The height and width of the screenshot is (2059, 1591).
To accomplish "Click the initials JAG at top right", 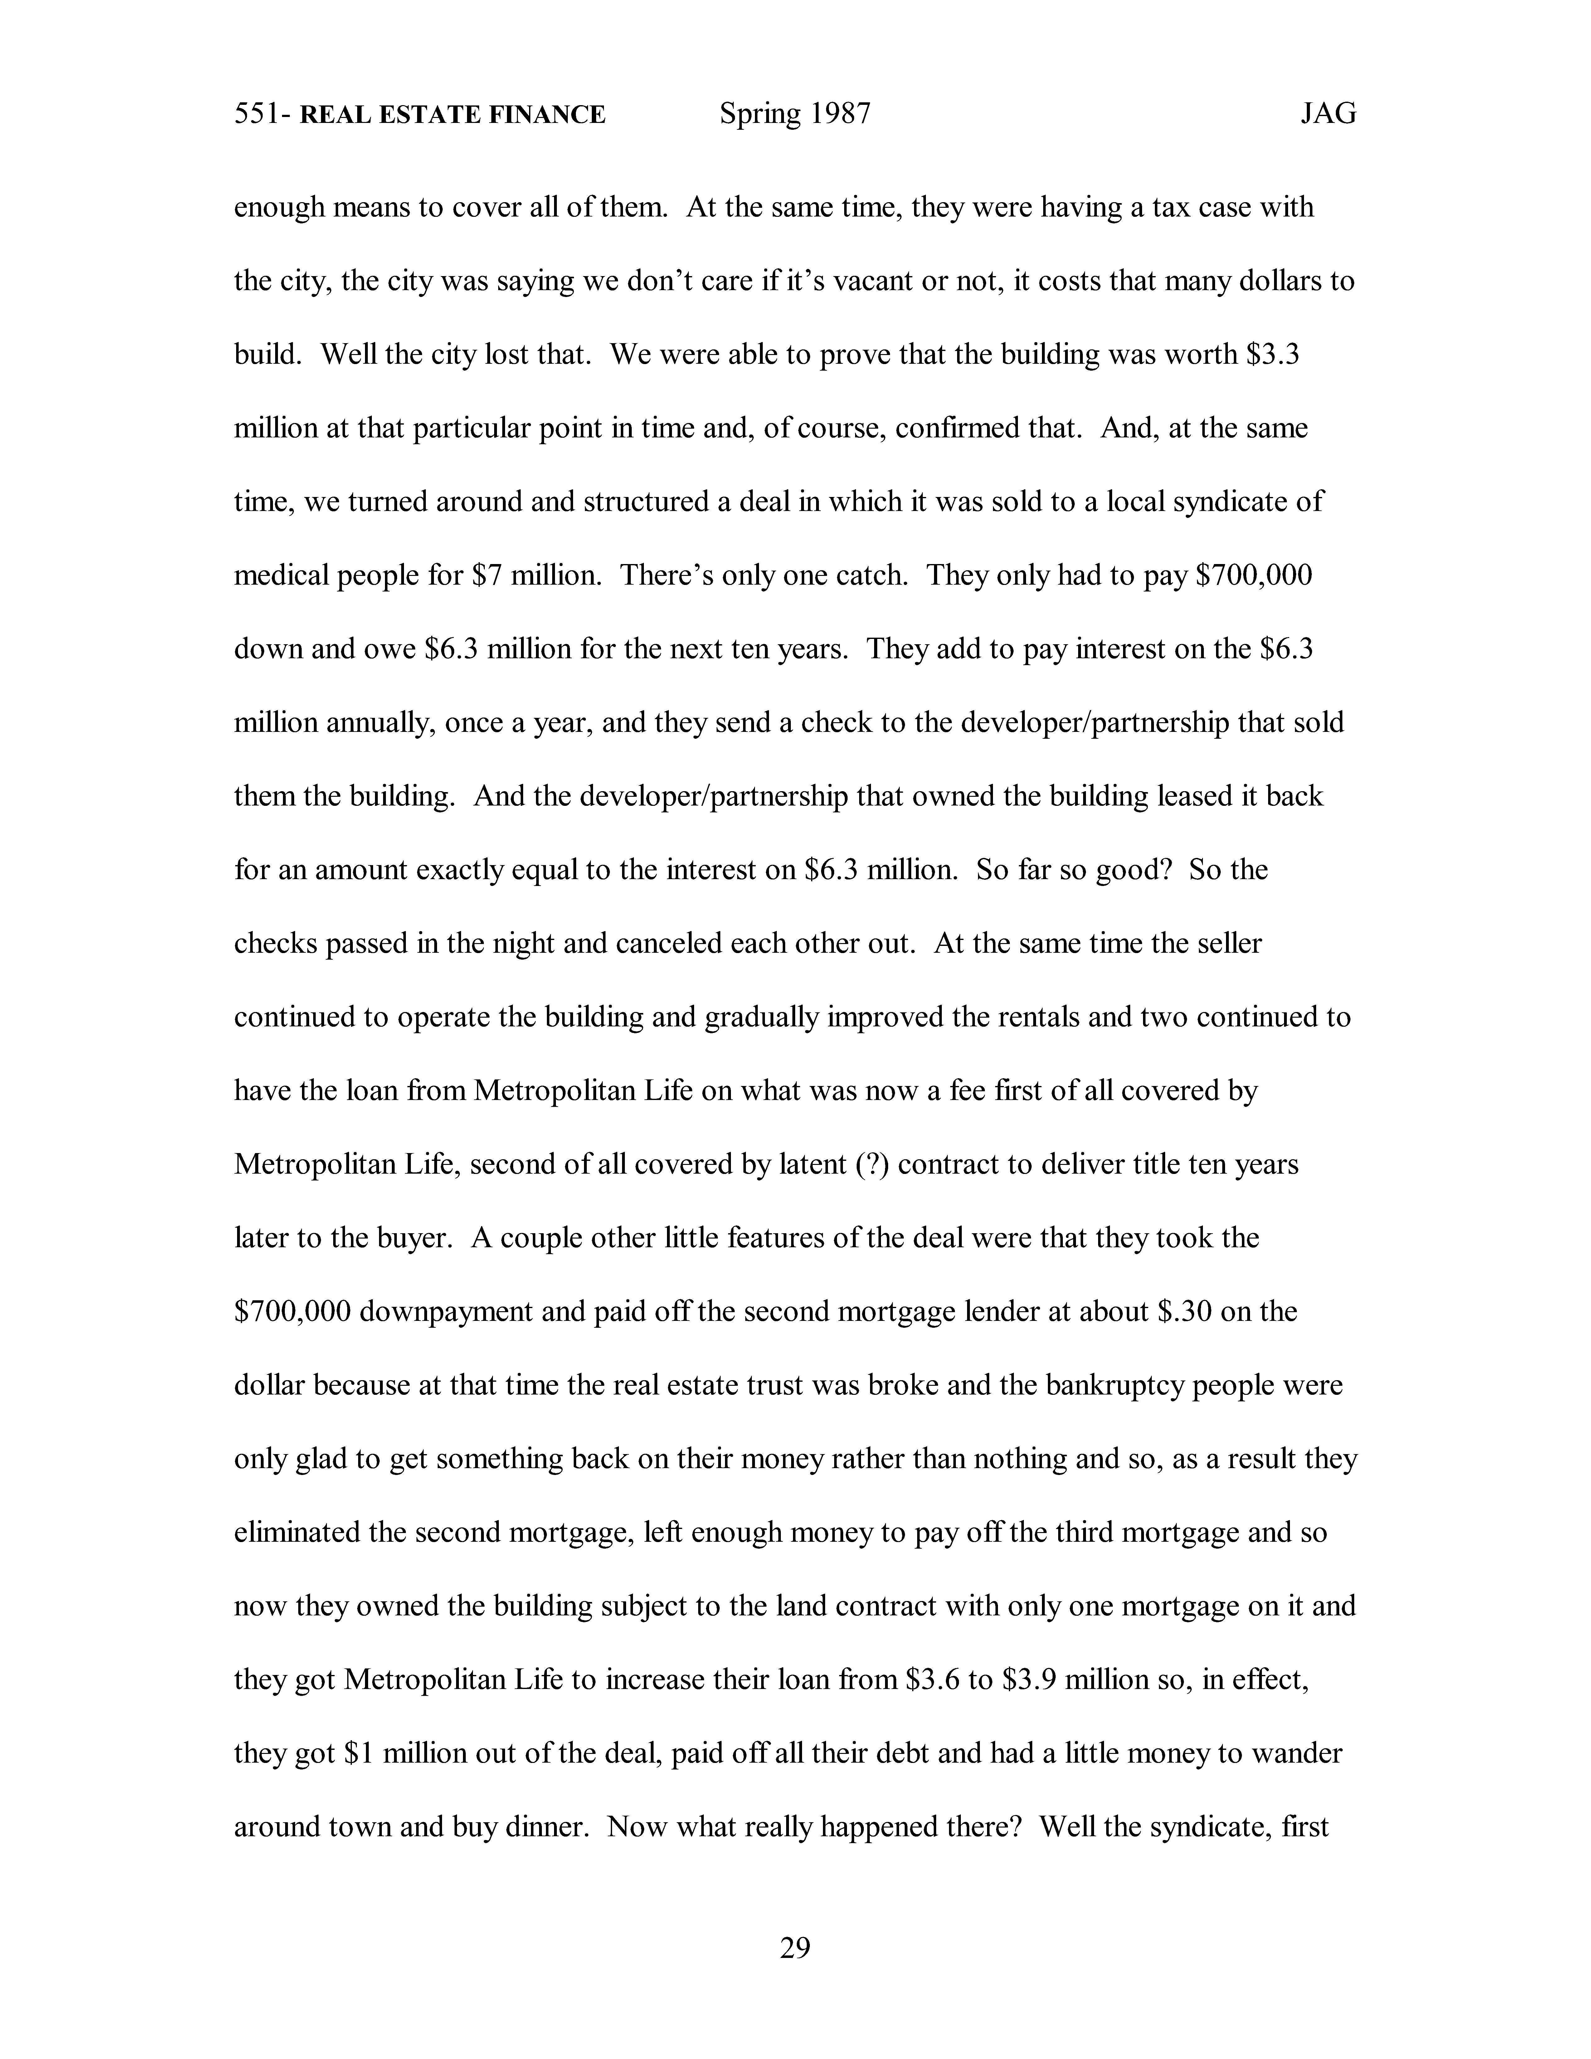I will (1328, 115).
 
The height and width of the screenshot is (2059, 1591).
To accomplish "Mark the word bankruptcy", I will (1103, 1385).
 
